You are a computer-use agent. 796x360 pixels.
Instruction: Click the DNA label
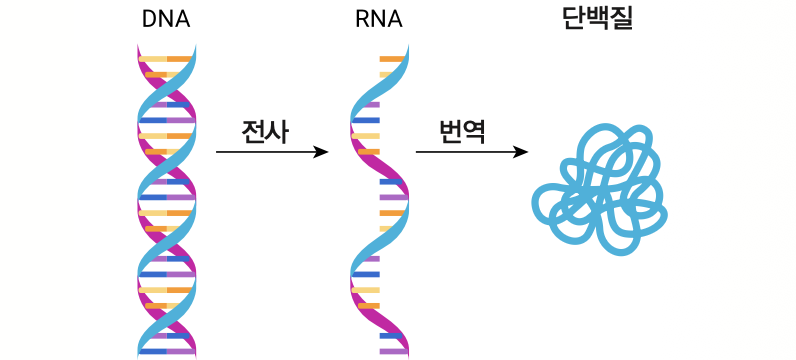click(x=166, y=20)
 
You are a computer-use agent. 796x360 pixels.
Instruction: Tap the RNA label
click(x=379, y=20)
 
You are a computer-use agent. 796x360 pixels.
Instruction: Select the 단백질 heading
click(x=598, y=19)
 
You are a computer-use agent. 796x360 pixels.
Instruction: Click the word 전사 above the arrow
click(x=265, y=132)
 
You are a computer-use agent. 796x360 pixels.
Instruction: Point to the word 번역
click(x=462, y=132)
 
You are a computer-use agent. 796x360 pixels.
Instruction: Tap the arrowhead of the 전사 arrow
click(x=321, y=152)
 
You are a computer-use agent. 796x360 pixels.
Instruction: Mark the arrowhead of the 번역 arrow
click(x=520, y=152)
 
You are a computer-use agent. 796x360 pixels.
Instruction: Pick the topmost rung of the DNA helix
click(x=165, y=59)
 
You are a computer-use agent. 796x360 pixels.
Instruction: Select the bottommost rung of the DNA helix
click(x=167, y=351)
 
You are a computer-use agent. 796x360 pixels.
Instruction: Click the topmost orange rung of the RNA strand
click(x=392, y=59)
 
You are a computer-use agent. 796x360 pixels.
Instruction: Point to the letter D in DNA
click(x=150, y=20)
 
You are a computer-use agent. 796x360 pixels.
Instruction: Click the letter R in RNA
click(x=362, y=20)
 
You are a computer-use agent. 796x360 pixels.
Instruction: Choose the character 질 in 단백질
click(x=622, y=19)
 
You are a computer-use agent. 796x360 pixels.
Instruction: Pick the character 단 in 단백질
click(x=575, y=19)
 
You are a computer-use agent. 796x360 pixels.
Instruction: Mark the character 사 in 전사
click(x=277, y=132)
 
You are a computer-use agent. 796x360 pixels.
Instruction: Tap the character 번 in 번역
click(x=450, y=132)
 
